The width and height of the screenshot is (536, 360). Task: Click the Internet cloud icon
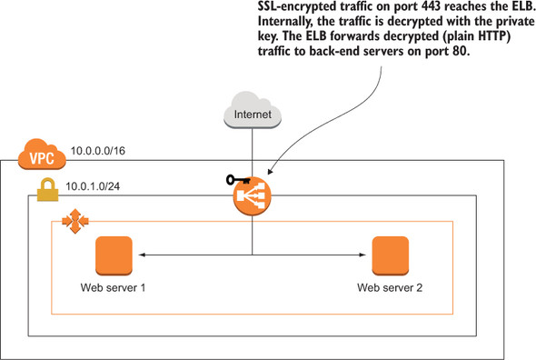point(252,115)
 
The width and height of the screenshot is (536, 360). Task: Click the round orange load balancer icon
point(252,195)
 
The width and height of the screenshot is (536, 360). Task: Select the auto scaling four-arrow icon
point(69,221)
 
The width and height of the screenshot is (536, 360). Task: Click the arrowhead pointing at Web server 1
point(141,255)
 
